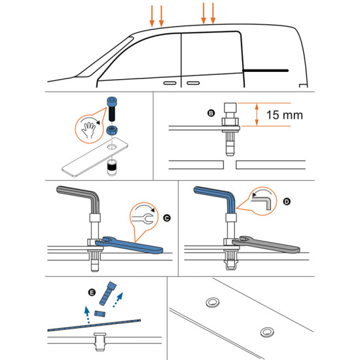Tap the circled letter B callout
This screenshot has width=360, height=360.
click(x=210, y=113)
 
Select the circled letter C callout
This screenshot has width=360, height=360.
click(x=166, y=215)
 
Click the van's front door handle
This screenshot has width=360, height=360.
click(x=169, y=84)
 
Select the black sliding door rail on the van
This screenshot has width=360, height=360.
click(x=265, y=69)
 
